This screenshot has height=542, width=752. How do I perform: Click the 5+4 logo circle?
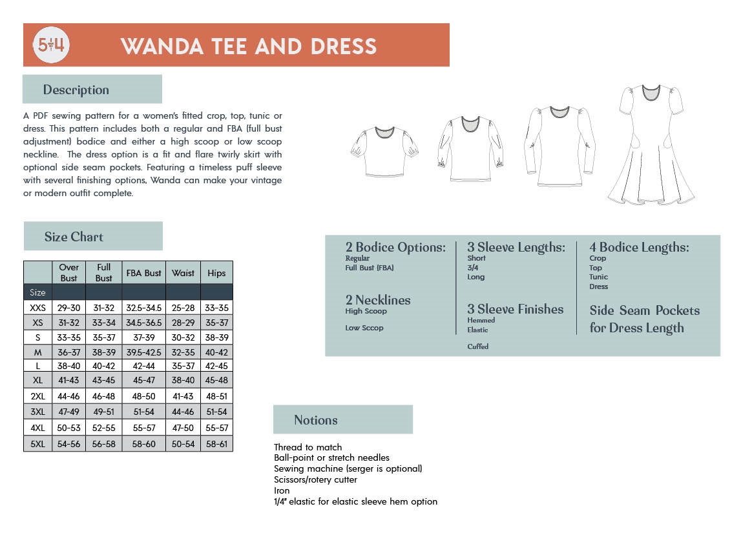click(x=51, y=45)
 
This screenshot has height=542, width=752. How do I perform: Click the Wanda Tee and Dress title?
click(x=249, y=46)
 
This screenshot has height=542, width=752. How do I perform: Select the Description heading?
click(x=76, y=90)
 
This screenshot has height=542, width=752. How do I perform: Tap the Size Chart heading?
click(x=74, y=237)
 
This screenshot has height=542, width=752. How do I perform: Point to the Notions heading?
click(x=316, y=420)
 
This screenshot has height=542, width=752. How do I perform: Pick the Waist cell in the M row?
click(x=183, y=352)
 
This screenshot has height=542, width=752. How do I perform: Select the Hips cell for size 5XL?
click(x=216, y=445)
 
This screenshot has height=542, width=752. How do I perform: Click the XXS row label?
click(x=37, y=308)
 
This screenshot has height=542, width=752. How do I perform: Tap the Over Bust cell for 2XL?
click(x=68, y=396)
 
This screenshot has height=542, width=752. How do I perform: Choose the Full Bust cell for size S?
click(x=103, y=337)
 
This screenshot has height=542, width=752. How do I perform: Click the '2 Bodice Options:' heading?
click(x=395, y=247)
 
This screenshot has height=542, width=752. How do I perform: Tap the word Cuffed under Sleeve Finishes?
click(x=478, y=346)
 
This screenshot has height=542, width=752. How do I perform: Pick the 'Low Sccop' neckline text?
click(x=364, y=328)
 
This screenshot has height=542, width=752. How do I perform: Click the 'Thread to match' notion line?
click(x=308, y=447)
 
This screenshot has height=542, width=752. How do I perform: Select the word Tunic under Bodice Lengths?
click(x=598, y=277)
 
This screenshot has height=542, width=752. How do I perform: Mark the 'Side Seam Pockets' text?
click(x=644, y=310)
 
